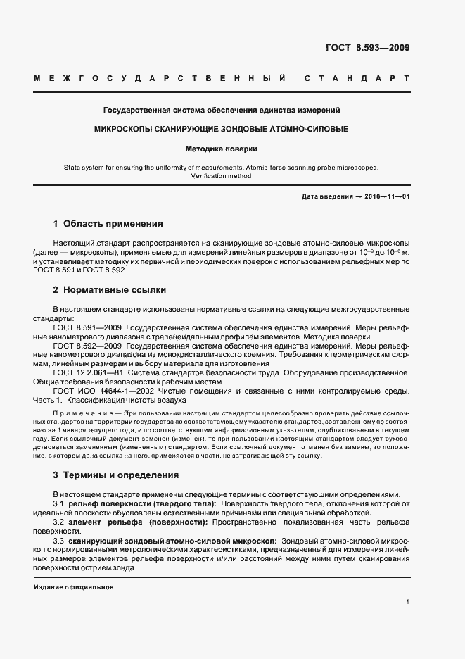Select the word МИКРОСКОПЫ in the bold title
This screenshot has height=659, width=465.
(x=124, y=130)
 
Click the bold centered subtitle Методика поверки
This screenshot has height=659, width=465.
(x=222, y=149)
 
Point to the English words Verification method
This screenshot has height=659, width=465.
(x=222, y=177)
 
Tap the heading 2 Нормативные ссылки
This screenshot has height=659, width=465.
(x=110, y=289)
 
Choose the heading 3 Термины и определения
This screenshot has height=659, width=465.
(x=115, y=475)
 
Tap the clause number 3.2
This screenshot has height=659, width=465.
(x=59, y=522)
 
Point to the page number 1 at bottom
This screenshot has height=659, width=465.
(x=407, y=602)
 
